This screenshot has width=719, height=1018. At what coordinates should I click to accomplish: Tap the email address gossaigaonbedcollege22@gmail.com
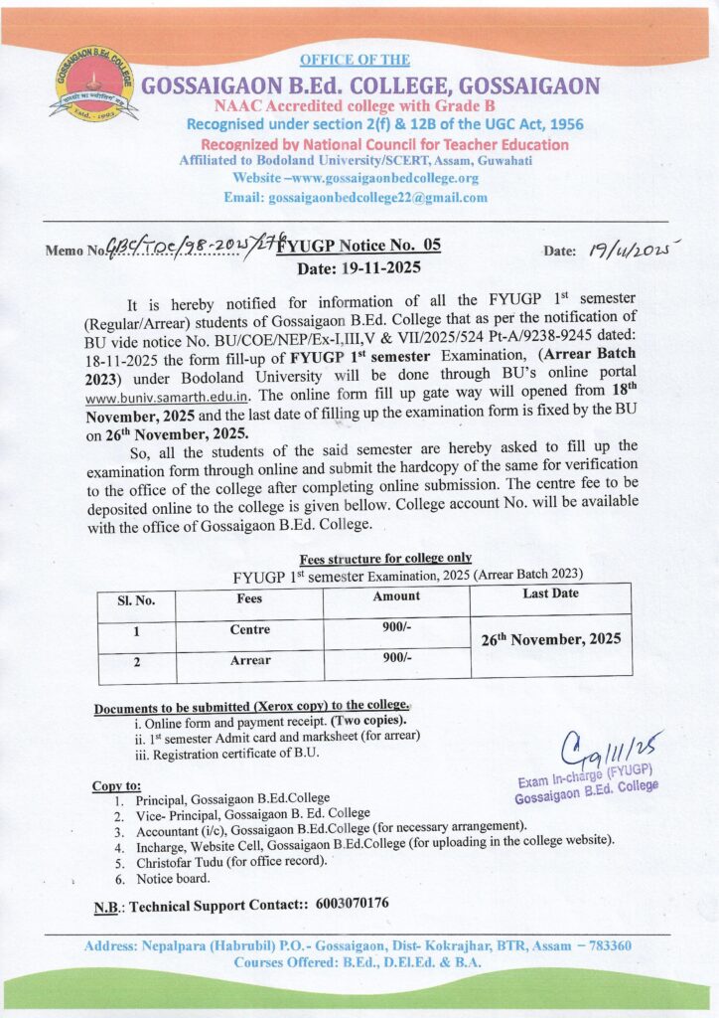(378, 197)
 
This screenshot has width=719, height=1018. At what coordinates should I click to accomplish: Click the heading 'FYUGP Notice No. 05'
(362, 247)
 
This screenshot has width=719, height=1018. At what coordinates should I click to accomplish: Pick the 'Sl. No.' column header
(138, 599)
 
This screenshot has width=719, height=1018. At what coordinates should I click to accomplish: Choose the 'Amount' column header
(396, 596)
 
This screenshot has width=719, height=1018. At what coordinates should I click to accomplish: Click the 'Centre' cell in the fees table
(249, 630)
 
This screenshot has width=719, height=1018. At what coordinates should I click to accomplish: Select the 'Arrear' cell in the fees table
(249, 661)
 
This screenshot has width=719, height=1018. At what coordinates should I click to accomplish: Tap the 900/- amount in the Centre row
(396, 628)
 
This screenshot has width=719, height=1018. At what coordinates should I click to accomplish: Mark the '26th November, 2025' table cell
(551, 641)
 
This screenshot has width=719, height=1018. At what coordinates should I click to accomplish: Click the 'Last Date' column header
(550, 594)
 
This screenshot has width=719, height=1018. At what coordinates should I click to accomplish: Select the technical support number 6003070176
(352, 904)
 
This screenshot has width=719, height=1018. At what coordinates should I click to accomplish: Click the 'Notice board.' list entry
(174, 878)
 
